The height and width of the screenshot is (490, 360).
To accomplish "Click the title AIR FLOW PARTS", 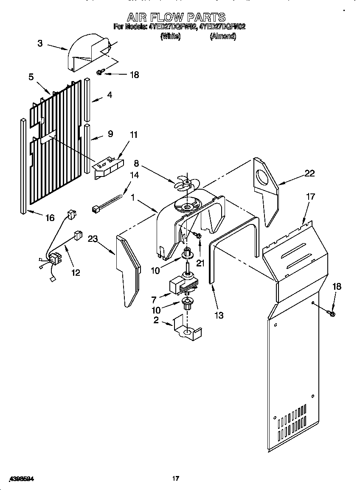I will pyautogui.click(x=176, y=17).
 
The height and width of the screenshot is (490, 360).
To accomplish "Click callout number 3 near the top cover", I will pyautogui.click(x=40, y=43).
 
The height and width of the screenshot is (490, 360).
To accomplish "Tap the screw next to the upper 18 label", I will pyautogui.click(x=100, y=73).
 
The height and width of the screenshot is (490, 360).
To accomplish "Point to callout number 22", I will pyautogui.click(x=309, y=173).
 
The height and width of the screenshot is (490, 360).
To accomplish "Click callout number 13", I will pyautogui.click(x=219, y=315).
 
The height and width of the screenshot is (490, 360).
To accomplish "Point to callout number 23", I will pyautogui.click(x=93, y=239).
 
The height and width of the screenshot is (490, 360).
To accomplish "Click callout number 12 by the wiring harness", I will pyautogui.click(x=75, y=272).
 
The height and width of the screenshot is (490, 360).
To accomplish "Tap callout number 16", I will pyautogui.click(x=50, y=218).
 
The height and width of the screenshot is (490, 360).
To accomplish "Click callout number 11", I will pyautogui.click(x=134, y=135).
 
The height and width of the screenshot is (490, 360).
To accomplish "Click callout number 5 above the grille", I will pyautogui.click(x=31, y=77).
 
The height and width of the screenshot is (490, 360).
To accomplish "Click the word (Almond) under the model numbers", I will pyautogui.click(x=223, y=36).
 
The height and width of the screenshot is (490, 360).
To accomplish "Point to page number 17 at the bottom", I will pyautogui.click(x=175, y=479).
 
